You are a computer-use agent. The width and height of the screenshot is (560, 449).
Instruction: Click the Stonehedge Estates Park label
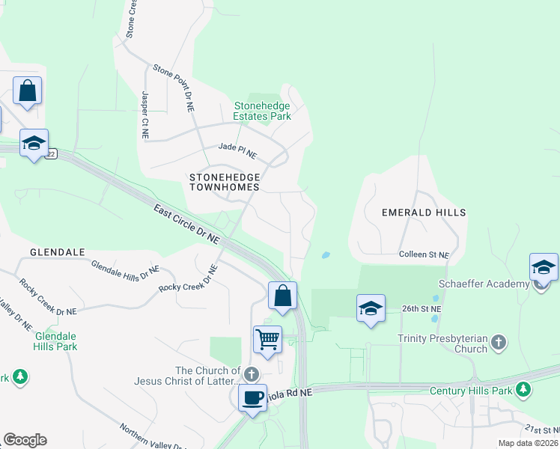click(261, 111)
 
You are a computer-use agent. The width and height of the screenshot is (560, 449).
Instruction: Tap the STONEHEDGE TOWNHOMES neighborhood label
click(225, 182)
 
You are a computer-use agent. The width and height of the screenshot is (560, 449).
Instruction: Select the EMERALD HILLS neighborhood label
click(424, 213)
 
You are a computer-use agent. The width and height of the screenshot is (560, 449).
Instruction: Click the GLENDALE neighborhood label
click(57, 252)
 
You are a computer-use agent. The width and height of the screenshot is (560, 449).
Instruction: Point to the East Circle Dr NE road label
click(187, 224)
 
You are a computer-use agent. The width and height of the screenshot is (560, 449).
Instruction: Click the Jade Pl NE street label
click(237, 152)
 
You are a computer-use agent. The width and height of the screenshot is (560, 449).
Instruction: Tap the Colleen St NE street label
click(424, 255)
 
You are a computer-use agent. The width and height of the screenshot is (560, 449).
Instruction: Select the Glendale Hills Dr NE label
click(125, 270)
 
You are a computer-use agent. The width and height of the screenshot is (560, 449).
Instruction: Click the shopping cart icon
click(267, 340)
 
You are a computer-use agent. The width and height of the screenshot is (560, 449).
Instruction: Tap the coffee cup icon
click(252, 397)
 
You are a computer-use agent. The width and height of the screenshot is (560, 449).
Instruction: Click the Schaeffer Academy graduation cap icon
click(544, 267)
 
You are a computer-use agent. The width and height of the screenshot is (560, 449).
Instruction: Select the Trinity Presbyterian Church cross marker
click(499, 343)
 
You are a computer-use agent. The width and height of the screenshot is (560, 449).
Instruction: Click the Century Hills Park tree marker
click(523, 389)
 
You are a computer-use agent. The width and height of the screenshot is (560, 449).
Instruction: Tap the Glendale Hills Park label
click(55, 341)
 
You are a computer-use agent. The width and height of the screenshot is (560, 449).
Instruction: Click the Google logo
click(25, 440)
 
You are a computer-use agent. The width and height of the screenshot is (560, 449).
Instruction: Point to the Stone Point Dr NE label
click(174, 88)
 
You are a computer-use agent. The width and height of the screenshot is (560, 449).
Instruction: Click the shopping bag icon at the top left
click(27, 91)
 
